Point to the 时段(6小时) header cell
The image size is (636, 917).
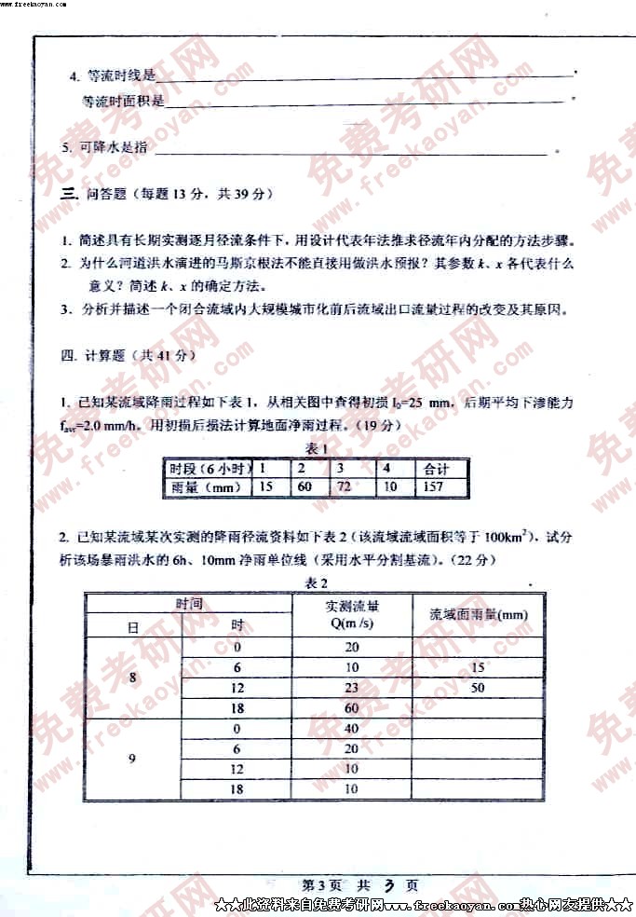pos(208,468)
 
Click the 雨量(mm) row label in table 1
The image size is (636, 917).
pos(207,486)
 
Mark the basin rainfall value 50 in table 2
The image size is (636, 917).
pos(478,688)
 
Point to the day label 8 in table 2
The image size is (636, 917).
pos(132,678)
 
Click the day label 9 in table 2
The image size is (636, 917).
pos(132,759)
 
